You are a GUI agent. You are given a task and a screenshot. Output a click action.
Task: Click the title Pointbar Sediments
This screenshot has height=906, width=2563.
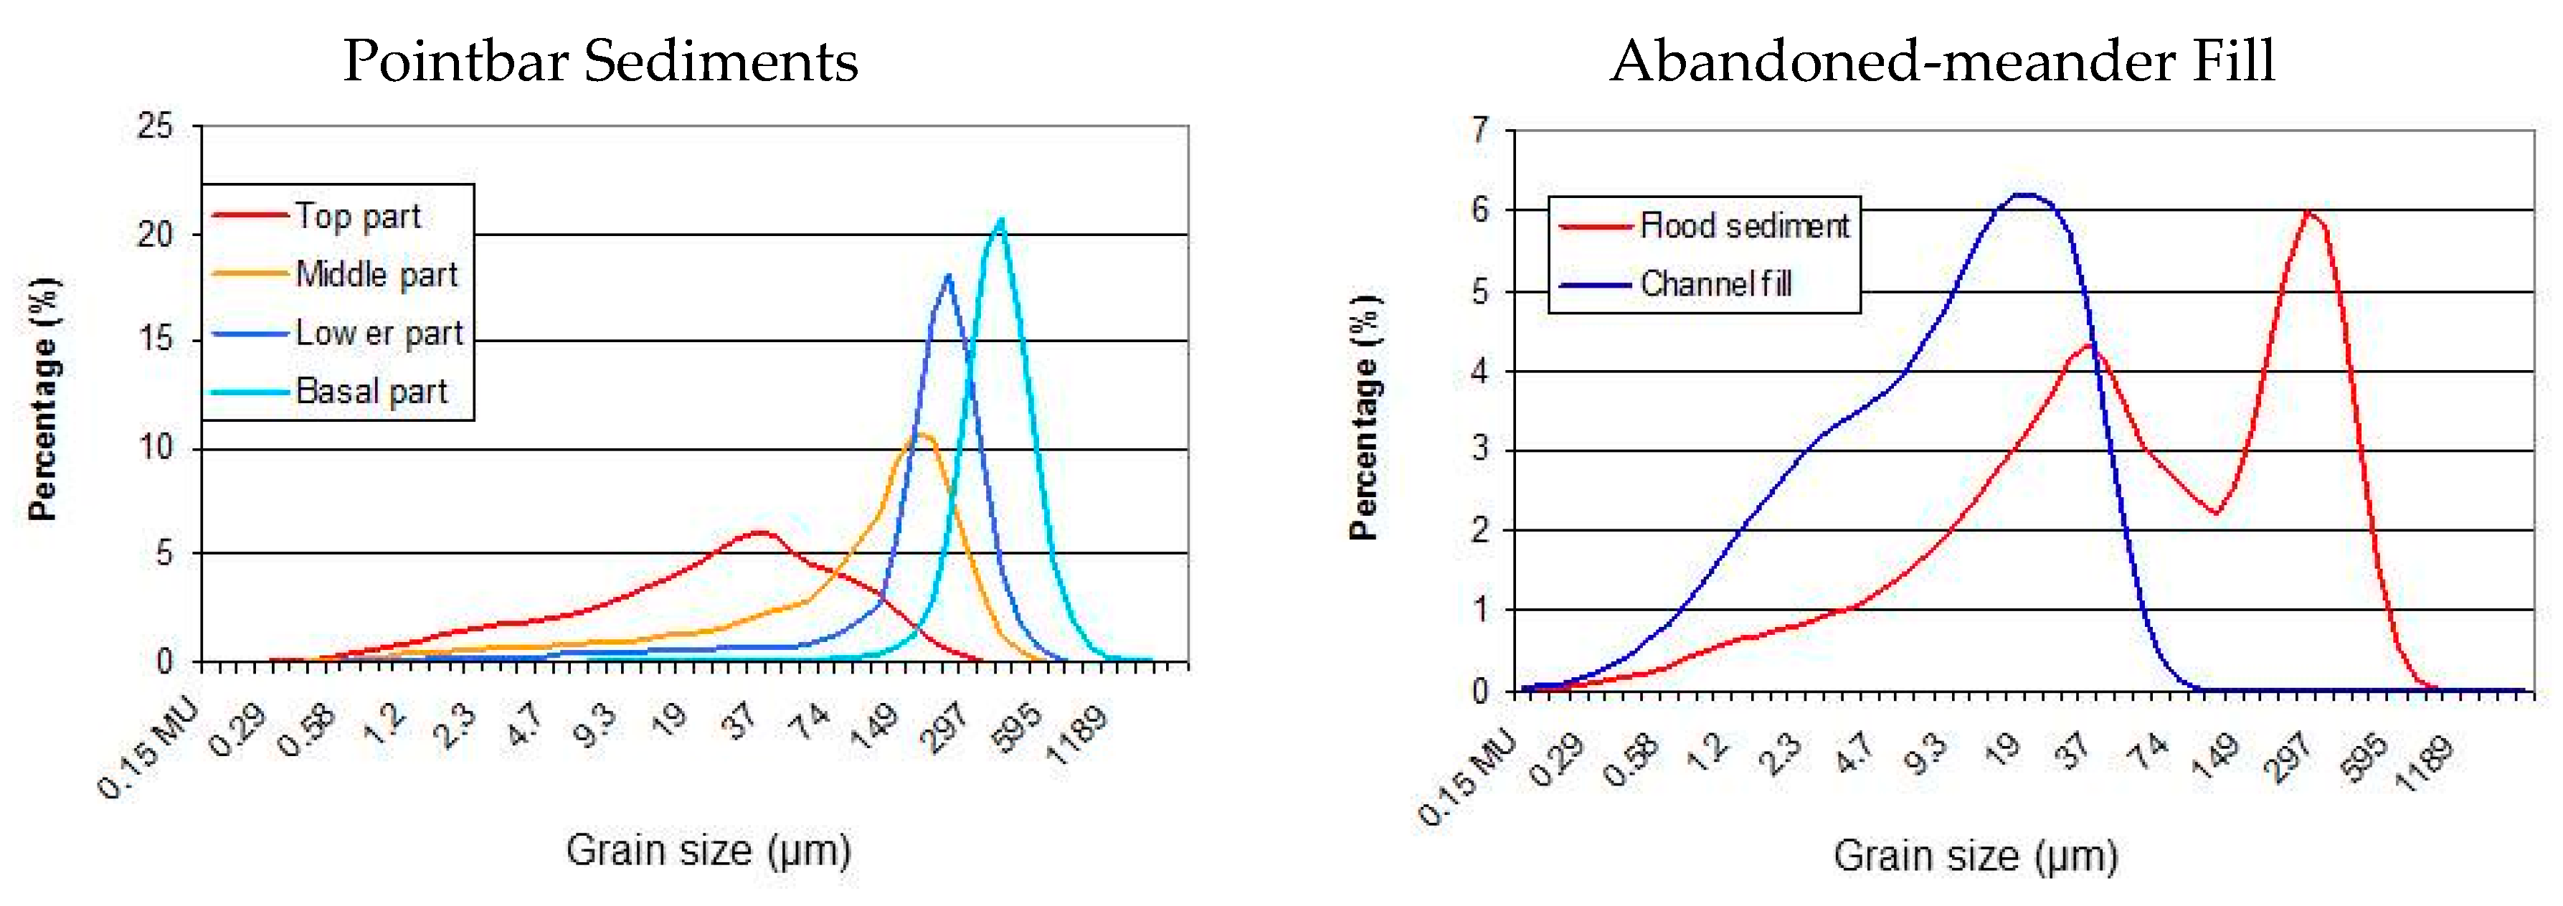[x=600, y=61]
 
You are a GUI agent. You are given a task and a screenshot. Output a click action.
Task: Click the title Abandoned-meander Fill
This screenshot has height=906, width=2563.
[x=1941, y=61]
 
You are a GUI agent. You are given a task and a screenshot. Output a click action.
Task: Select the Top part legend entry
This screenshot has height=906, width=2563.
[x=357, y=216]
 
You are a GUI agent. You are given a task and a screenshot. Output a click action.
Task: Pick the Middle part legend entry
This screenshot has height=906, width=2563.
[x=376, y=274]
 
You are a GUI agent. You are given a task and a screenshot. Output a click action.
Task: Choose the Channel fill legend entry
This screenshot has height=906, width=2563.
[x=1715, y=285]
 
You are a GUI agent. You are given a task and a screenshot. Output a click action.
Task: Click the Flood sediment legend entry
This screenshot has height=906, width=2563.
[x=1743, y=226]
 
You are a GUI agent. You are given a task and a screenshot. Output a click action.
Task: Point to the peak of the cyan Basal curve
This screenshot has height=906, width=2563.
[x=1000, y=220]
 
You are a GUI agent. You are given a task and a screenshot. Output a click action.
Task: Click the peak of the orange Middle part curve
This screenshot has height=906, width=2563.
[x=924, y=434]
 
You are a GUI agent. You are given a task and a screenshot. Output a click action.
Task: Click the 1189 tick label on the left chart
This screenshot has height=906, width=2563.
[x=1079, y=734]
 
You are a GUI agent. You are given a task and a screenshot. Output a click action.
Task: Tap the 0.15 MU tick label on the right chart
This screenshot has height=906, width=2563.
[x=1467, y=777]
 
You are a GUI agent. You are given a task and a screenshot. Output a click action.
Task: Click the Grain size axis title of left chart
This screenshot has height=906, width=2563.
[x=707, y=850]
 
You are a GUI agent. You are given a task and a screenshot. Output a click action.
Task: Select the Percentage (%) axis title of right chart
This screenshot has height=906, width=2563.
[x=1365, y=418]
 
